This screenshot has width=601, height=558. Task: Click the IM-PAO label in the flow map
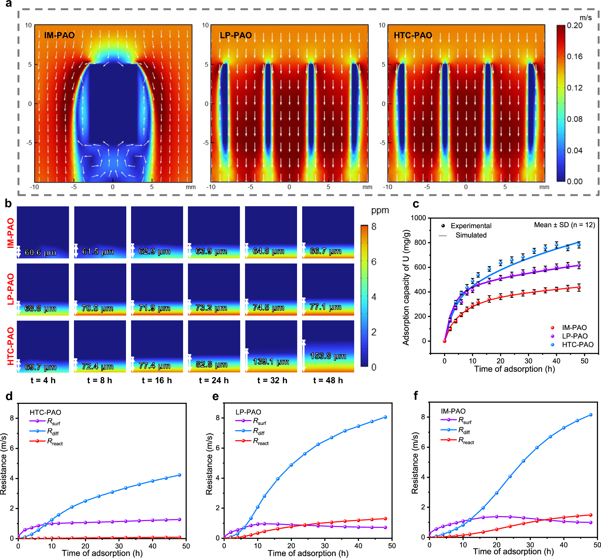(60, 35)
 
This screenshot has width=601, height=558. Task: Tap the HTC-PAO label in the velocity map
(412, 35)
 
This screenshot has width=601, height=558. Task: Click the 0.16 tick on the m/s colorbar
(575, 57)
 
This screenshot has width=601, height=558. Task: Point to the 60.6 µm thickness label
(40, 252)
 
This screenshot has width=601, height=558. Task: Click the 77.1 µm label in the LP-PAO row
(325, 307)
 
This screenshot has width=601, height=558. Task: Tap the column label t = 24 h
(214, 380)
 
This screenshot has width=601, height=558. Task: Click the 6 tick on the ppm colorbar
(374, 261)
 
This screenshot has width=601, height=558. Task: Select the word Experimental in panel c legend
(471, 226)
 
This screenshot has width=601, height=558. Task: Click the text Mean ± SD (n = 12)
(564, 225)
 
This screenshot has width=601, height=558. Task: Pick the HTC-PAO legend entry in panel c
(577, 344)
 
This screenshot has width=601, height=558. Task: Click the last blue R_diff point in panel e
(385, 417)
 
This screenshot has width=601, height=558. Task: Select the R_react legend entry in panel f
(466, 440)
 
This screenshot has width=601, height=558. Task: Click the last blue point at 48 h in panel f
(590, 415)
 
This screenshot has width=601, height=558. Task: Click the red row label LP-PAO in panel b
(11, 289)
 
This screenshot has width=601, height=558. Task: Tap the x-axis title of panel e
(308, 553)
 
